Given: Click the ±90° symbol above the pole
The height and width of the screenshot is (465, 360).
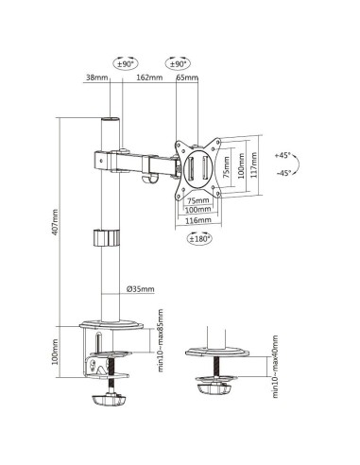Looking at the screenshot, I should (124, 62).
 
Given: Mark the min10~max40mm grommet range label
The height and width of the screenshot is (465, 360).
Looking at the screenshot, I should (275, 367).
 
